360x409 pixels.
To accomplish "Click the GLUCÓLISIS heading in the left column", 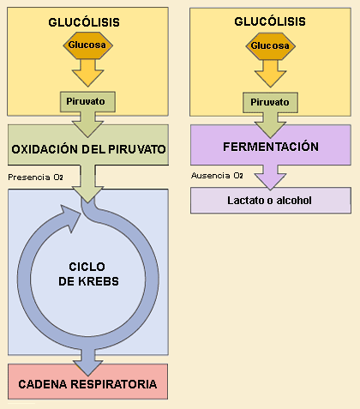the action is click(x=84, y=22).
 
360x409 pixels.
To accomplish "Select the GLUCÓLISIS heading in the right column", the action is click(x=270, y=21).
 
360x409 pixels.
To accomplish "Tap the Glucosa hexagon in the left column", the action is click(x=88, y=45).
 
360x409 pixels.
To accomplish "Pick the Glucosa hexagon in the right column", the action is click(x=271, y=46).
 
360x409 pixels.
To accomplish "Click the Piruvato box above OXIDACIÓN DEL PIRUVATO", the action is click(x=87, y=102).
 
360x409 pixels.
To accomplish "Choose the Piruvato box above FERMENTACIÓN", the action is click(x=270, y=102).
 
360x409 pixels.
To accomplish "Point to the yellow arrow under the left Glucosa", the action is click(x=87, y=73).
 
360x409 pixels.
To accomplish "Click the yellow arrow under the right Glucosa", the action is click(x=270, y=74).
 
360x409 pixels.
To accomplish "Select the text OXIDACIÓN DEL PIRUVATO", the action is click(x=88, y=149).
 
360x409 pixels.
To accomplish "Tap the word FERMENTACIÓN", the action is click(x=271, y=147).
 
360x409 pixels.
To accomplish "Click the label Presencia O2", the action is click(x=35, y=177).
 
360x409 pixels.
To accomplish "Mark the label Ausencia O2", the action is click(x=217, y=176).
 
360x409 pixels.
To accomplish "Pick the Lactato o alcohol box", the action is click(x=271, y=201).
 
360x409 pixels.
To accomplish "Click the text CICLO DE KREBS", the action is click(x=88, y=274).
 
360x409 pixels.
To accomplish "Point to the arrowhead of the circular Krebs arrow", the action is click(x=70, y=217).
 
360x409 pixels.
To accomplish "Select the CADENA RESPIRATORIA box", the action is click(x=87, y=382).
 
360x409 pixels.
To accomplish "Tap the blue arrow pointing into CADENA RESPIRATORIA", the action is click(x=87, y=362).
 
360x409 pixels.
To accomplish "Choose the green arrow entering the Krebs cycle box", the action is click(x=87, y=183).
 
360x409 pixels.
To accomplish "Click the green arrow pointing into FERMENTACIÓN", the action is click(x=270, y=125).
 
